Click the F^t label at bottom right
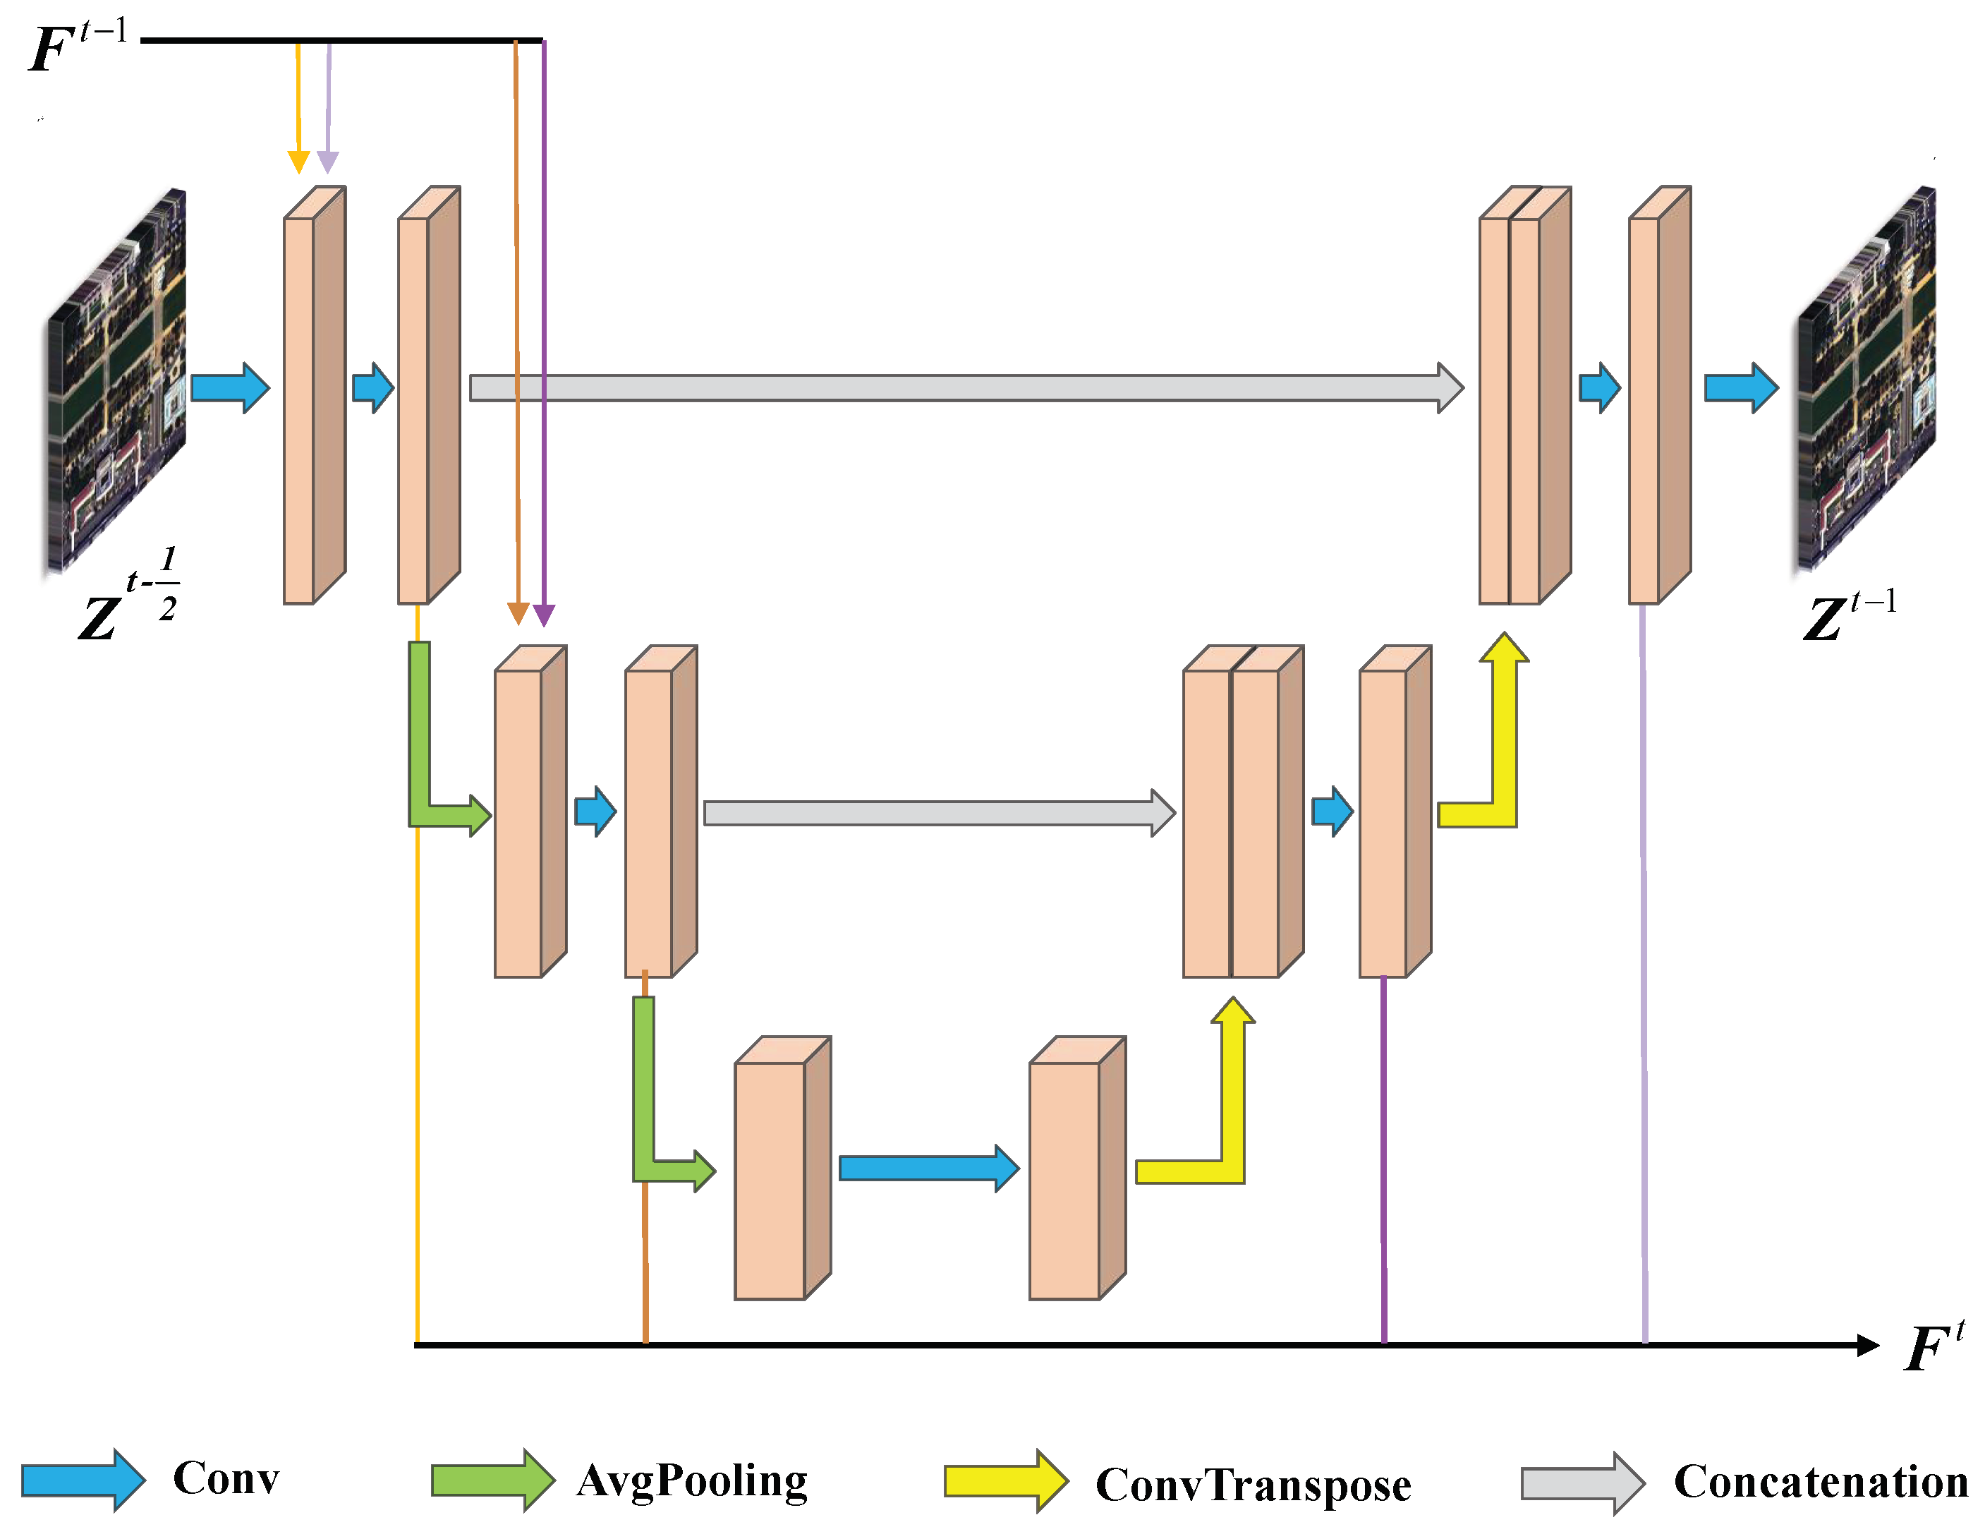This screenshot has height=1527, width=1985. coord(1934,1346)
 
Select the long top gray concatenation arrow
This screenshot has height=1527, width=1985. coord(963,388)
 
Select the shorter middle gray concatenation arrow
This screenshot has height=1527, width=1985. coord(936,813)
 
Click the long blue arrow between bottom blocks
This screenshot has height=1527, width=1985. coord(927,1168)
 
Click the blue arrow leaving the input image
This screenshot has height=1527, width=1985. coord(229,388)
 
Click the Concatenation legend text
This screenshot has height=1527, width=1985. coord(1820,1482)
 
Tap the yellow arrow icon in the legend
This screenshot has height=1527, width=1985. coord(1004,1482)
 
